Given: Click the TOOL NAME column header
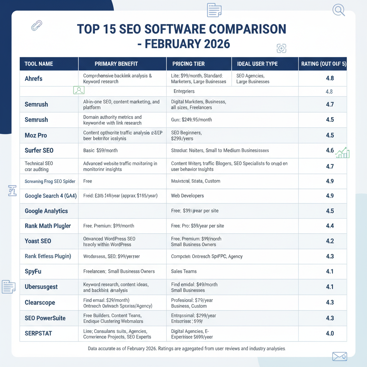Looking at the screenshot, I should coord(39,64).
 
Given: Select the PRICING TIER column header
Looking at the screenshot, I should coord(189,64).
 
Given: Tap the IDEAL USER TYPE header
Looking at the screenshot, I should coord(257,64).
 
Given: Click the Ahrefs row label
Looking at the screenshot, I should coord(34,78).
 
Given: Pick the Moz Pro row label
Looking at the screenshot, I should coord(36,135).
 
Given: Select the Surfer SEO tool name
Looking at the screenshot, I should coord(39,151).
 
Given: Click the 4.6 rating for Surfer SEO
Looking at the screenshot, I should coord(330,151).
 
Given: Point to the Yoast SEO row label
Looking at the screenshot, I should coord(38,241).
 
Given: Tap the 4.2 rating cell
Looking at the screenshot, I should coord(330,241).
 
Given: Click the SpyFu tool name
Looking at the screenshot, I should coord(33,271).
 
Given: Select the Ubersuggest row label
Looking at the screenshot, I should coord(41,287).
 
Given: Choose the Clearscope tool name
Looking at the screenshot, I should coord(40,302).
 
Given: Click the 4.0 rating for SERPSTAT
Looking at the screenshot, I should coord(330,333).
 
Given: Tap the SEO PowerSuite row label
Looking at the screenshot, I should coord(45,318).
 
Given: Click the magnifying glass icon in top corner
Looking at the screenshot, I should coord(338,10).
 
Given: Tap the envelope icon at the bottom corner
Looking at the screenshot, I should coord(339,356).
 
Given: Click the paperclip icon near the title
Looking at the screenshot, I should coord(37,25).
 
